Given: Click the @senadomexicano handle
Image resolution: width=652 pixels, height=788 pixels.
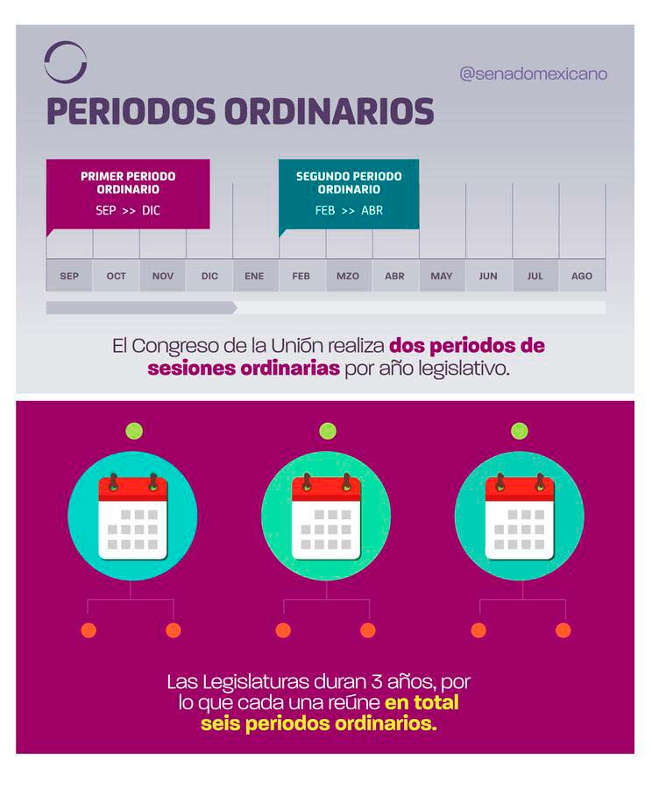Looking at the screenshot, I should tap(533, 74).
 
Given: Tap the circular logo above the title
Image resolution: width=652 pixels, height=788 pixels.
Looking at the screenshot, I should tap(66, 62).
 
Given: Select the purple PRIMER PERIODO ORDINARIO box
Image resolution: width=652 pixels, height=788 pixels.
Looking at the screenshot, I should tap(128, 193).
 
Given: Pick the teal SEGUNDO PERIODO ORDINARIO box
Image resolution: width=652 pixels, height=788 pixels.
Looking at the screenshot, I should tap(349, 193).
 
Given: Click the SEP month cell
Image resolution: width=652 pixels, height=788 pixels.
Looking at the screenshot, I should tap(69, 276).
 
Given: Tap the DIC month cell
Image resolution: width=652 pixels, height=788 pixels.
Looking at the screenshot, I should tap(209, 276).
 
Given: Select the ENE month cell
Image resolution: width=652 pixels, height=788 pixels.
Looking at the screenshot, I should tap(254, 276).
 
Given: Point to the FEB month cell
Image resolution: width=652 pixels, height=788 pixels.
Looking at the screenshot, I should tap(301, 276).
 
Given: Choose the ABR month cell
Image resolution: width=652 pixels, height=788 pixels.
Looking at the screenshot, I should tap(394, 276).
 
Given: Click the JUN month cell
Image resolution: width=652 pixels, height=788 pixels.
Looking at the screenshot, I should tap(488, 276).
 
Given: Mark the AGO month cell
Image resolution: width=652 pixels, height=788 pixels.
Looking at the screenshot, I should tap(582, 276).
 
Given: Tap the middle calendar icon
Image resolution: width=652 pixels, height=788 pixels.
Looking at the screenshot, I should tap(326, 516).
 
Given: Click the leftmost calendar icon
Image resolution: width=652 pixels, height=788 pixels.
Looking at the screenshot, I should tap(132, 516).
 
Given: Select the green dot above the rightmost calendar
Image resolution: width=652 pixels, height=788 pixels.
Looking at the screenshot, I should tap(520, 431).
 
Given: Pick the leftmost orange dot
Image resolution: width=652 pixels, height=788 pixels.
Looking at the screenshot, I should tap(89, 630).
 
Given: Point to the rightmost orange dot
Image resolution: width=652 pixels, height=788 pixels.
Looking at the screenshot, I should tap(563, 630).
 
